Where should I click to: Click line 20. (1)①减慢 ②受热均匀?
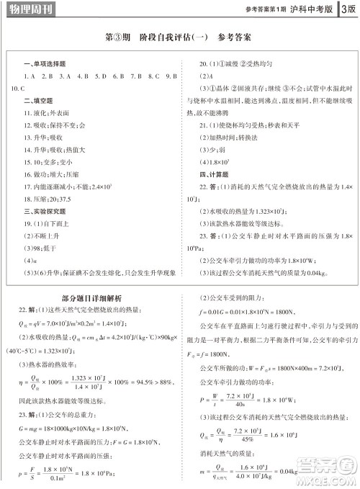coord(237,65)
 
